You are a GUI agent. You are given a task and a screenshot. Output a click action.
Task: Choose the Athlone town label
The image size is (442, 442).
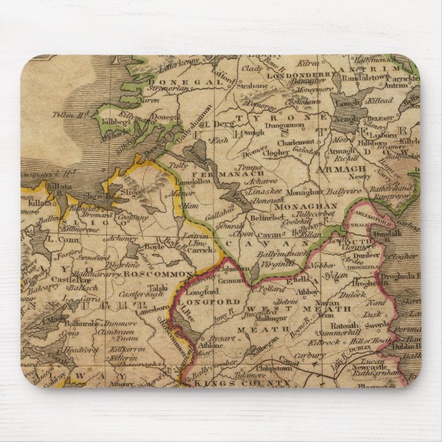tap(212, 345)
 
